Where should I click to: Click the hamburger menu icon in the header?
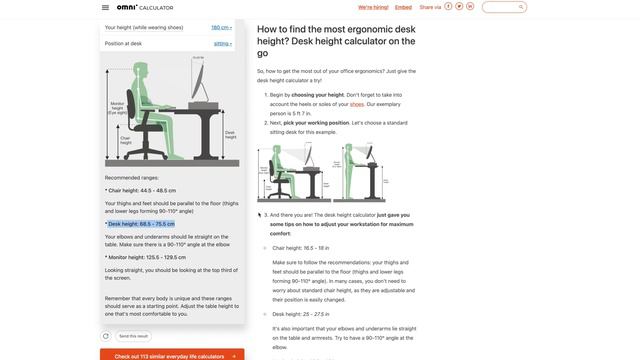[105, 7]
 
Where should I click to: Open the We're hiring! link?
[372, 7]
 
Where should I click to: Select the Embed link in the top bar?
[403, 7]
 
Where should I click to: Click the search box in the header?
[505, 7]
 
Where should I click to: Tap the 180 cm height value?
[221, 28]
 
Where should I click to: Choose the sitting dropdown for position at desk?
[222, 44]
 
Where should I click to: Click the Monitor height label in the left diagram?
[118, 106]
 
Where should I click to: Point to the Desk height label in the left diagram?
[230, 133]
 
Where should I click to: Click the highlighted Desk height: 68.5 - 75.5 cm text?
[140, 224]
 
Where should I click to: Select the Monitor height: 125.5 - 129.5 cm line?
[146, 257]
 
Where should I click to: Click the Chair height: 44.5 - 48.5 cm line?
[142, 190]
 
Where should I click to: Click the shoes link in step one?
[357, 104]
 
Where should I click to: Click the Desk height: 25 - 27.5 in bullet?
[300, 314]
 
